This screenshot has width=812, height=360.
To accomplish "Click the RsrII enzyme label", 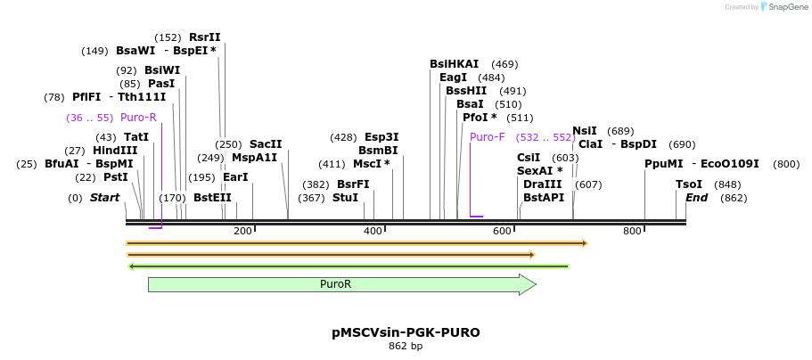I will coord(204,37).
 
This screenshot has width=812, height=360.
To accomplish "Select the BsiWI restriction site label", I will coord(162,70).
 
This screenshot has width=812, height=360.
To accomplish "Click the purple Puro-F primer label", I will coord(487,137).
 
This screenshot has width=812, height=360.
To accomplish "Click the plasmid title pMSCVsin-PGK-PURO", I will coord(406,332).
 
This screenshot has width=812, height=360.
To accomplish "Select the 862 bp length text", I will coord(406,346).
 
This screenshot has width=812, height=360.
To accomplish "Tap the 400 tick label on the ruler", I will coord(373,232).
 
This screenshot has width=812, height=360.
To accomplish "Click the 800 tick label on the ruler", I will coord(632,232).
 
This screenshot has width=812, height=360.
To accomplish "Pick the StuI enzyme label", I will coord(345,197).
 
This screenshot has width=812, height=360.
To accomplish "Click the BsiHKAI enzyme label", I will coord(454,64).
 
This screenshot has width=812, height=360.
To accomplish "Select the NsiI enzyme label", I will coord(585,131).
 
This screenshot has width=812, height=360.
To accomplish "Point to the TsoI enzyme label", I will coord(689,184).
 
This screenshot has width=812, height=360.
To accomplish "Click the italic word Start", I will coord(104,197).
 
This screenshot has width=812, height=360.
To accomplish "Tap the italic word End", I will coord(696,197).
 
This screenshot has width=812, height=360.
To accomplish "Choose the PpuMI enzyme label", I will coord(664,164).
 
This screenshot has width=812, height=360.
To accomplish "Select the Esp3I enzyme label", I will coord(381,137).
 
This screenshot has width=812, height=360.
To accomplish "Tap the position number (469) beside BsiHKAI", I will coord(504,64).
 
